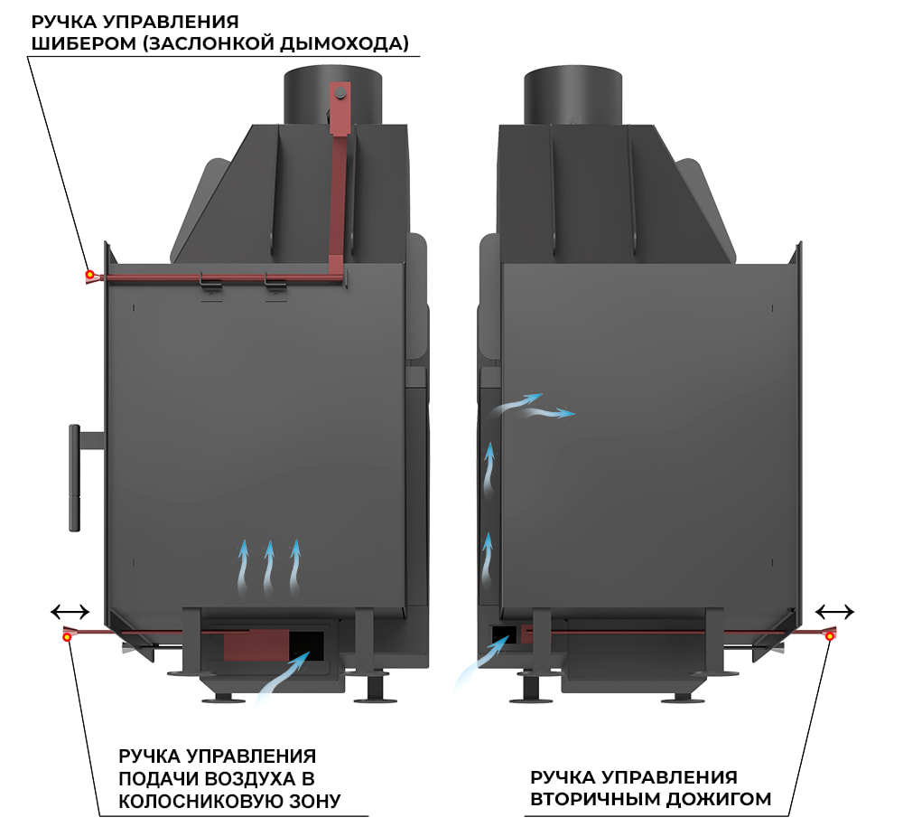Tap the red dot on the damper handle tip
[89, 274]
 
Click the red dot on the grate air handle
[68, 637]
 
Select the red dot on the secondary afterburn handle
[830, 637]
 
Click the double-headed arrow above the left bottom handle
[70, 612]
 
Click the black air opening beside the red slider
[306, 643]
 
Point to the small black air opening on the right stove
[503, 634]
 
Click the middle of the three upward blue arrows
[268, 568]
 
